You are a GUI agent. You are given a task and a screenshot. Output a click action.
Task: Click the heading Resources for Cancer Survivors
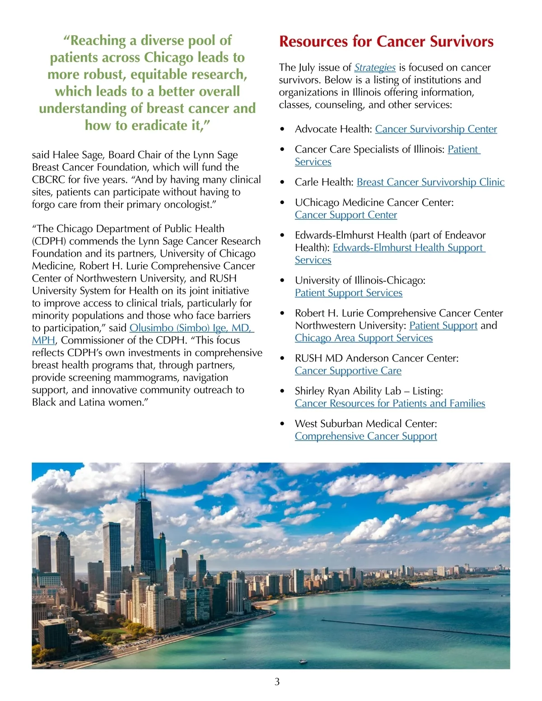coord(386,42)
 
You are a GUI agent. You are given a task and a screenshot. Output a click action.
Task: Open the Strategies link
coord(374,68)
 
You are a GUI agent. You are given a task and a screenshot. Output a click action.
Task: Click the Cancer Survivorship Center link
coord(436,129)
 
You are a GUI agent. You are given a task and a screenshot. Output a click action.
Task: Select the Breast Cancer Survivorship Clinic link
coord(430,182)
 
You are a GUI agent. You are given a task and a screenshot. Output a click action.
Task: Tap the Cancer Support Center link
coord(346,215)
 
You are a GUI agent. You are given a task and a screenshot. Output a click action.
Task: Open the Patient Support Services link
coord(348,293)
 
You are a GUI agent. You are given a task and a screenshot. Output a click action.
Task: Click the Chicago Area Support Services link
coord(364,338)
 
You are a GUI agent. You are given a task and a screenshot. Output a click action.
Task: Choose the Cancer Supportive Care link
coord(348,371)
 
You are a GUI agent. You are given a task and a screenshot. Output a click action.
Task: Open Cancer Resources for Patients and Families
coord(390,404)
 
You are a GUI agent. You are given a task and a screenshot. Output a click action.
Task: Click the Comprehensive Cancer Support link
coord(366,436)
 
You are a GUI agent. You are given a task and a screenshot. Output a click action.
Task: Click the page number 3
coord(277,682)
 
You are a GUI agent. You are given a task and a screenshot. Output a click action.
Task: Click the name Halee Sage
coord(79,155)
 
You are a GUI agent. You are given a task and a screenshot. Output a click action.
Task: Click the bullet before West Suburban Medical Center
coord(282,424)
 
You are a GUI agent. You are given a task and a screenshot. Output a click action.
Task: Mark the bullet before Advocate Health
coord(282,130)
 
